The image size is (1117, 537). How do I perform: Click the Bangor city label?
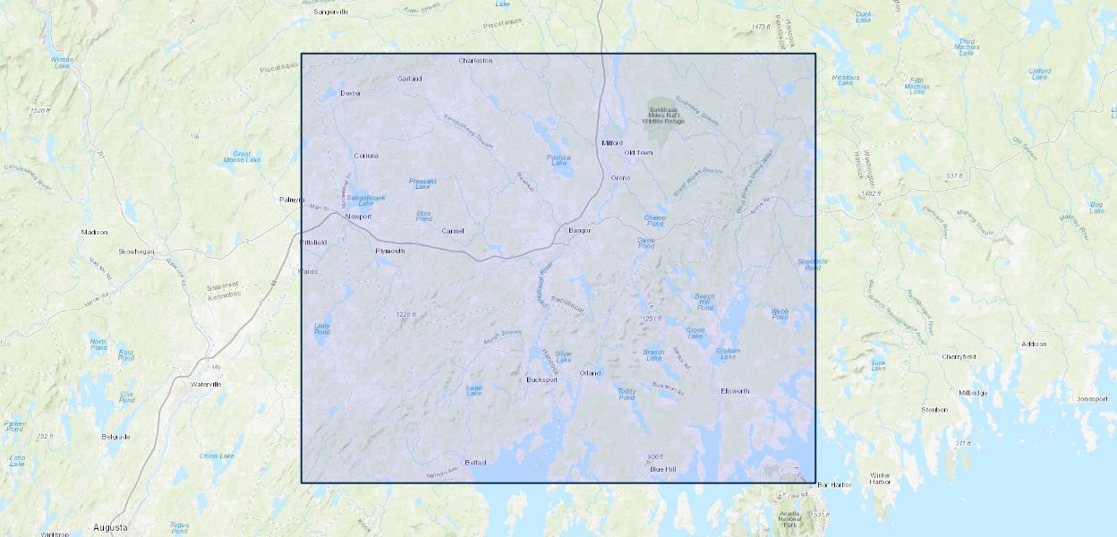(579, 231)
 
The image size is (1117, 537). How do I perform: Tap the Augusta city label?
(110, 527)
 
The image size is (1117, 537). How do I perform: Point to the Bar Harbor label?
(834, 485)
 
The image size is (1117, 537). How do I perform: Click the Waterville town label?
(205, 384)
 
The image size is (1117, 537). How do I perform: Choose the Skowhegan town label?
(139, 251)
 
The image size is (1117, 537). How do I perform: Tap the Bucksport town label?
(541, 379)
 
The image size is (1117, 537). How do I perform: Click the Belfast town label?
(475, 463)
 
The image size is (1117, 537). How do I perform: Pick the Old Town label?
(638, 153)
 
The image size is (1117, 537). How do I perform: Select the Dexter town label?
(350, 93)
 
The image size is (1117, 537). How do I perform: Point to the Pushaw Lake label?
(558, 160)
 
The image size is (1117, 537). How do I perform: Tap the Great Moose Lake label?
(242, 158)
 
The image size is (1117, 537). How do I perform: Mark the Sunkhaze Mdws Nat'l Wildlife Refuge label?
(663, 115)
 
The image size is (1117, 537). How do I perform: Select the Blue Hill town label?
(663, 469)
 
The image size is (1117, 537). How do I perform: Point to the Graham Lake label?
(729, 354)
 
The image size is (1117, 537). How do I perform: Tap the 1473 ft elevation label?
(760, 28)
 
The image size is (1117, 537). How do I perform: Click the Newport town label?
(358, 217)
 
